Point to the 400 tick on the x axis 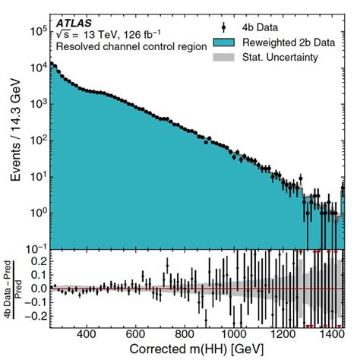pos(87,333)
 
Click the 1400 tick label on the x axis pos(330,333)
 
